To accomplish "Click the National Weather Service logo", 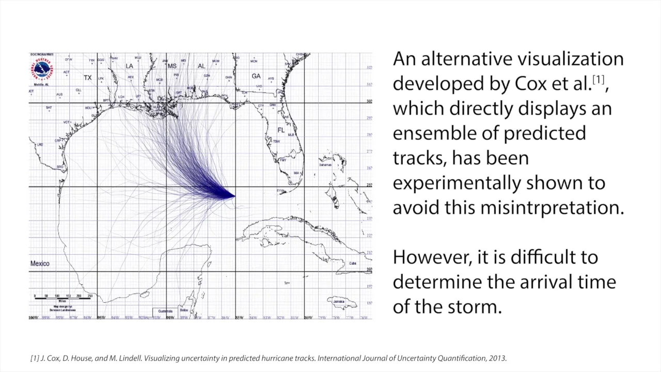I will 42,70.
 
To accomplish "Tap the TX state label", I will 88,78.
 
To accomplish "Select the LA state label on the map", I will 129,66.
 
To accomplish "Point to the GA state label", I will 256,76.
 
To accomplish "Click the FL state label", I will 281,130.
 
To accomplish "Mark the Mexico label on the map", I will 40,263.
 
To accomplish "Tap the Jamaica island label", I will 339,301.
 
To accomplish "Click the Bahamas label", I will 325,165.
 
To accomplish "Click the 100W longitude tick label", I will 33,317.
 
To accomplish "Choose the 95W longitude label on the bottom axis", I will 101,317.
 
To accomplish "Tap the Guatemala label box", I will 165,311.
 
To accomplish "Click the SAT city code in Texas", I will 49,107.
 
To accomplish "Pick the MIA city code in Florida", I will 296,173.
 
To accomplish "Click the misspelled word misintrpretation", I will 552,208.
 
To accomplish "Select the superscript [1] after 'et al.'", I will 598,79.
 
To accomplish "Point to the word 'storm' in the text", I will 474,306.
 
